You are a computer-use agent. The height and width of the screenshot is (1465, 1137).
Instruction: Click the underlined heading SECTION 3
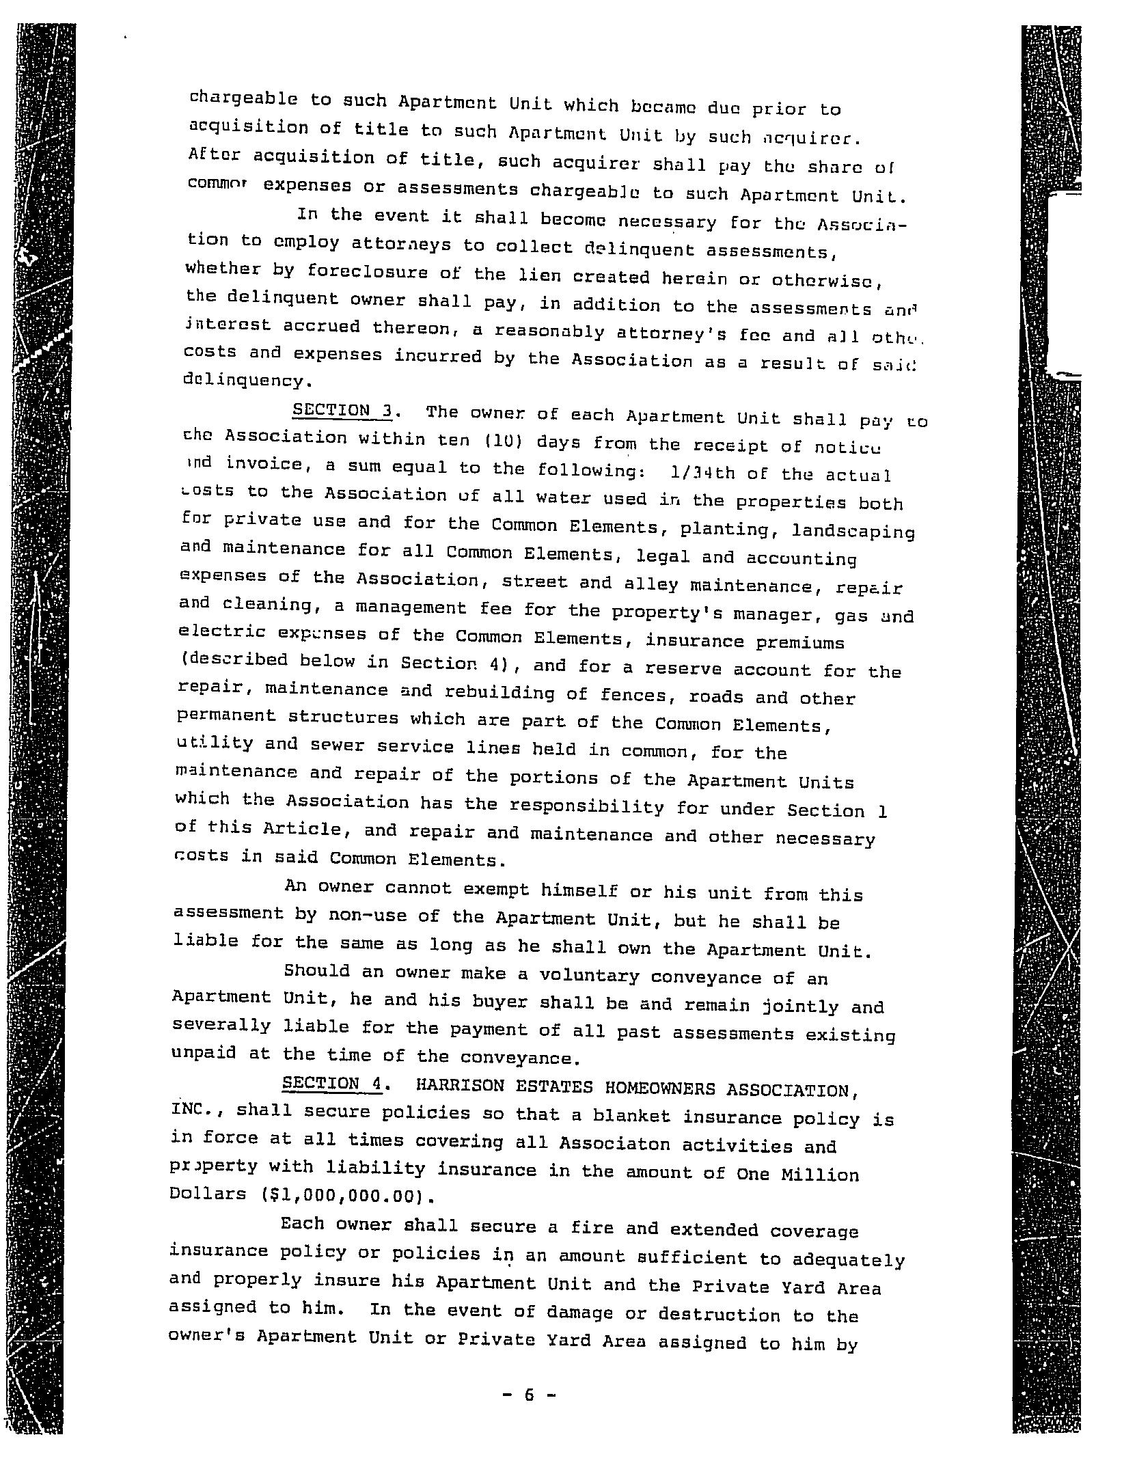pyautogui.click(x=344, y=411)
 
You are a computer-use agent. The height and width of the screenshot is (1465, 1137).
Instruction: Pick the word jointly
pyautogui.click(x=799, y=1006)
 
